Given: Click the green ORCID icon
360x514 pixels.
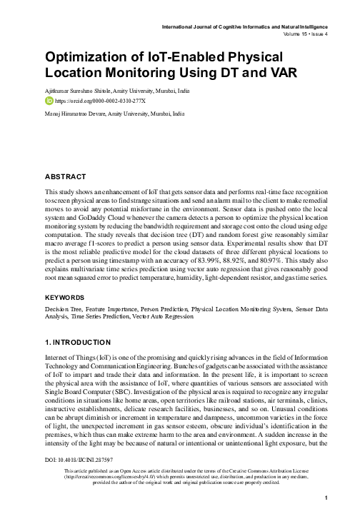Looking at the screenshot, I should coord(49,101).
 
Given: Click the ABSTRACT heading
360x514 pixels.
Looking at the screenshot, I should coord(66,176).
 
